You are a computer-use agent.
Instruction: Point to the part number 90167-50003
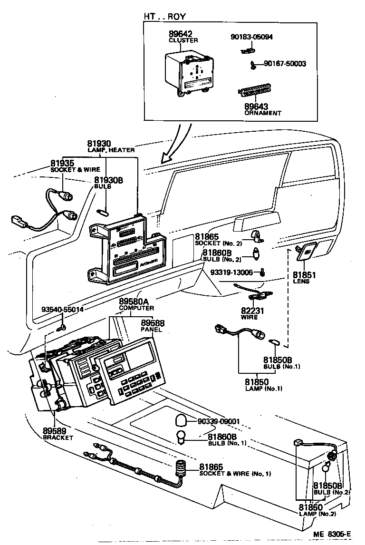tap(285, 63)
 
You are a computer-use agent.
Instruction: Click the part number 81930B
tap(108, 180)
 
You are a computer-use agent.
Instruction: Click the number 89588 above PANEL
tap(153, 322)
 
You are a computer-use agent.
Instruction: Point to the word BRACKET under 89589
tap(58, 437)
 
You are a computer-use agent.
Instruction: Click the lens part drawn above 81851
tap(307, 252)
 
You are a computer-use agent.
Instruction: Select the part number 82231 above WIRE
tap(252, 310)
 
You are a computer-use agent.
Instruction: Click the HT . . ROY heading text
tap(165, 16)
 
